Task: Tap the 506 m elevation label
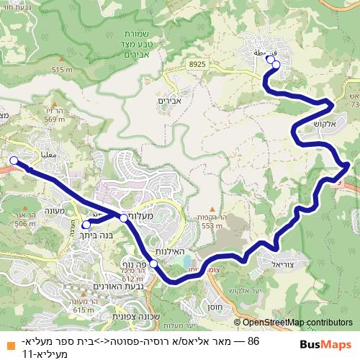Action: click(x=24, y=224)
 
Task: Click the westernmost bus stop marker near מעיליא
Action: click(x=13, y=161)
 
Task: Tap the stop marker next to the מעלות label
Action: click(x=124, y=217)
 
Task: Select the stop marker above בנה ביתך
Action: click(x=86, y=225)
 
